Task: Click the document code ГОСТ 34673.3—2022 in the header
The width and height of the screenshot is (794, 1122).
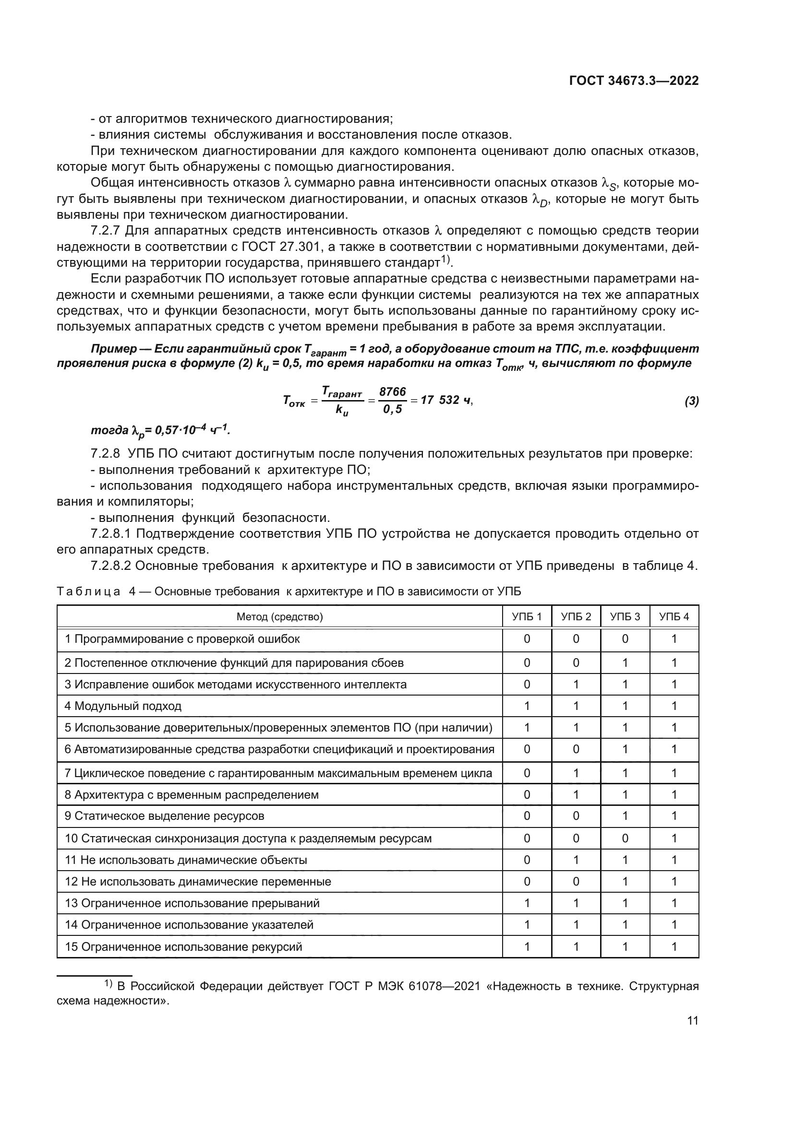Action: click(634, 81)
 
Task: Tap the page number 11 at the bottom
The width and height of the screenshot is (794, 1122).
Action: click(692, 1021)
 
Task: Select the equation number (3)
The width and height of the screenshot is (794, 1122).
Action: click(691, 401)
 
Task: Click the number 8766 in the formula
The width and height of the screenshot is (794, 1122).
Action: click(393, 392)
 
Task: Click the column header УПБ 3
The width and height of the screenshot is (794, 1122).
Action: click(625, 617)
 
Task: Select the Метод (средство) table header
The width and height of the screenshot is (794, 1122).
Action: click(280, 617)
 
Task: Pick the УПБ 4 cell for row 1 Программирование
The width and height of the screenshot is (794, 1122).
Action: click(674, 639)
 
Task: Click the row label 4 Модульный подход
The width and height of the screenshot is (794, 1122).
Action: click(123, 706)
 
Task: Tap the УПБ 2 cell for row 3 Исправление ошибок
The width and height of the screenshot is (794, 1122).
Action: click(576, 685)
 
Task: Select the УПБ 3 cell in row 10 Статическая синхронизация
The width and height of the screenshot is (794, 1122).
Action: click(625, 839)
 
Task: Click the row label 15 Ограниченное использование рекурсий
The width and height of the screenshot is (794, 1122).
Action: click(184, 947)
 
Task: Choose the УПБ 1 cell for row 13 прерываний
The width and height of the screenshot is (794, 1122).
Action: click(527, 904)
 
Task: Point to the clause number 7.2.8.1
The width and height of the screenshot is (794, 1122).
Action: click(112, 533)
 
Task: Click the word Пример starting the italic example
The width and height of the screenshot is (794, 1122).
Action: click(114, 349)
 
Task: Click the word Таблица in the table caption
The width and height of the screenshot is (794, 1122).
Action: click(88, 592)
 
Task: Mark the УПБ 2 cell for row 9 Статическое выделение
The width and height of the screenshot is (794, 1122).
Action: click(576, 816)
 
